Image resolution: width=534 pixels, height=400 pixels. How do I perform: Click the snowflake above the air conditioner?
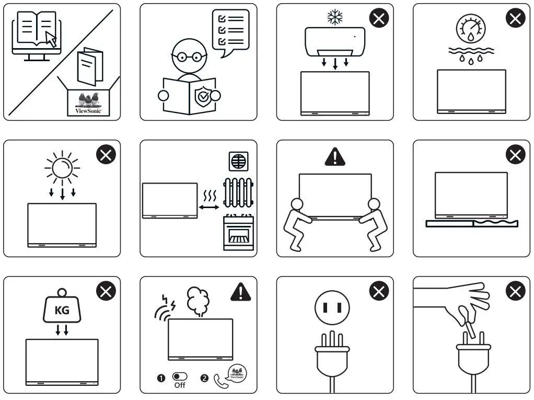[334, 17]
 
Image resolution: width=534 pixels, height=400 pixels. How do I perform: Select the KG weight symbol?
[62, 310]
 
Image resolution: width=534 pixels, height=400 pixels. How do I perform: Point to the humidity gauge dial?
[470, 28]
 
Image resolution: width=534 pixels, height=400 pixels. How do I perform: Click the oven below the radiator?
[238, 233]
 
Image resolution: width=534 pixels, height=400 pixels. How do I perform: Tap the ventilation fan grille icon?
[238, 161]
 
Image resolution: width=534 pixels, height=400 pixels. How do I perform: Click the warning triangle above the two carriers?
[335, 156]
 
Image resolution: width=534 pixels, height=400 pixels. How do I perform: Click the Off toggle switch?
[180, 376]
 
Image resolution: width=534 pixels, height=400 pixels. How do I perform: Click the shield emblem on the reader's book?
[202, 96]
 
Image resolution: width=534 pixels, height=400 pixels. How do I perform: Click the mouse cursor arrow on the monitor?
[50, 38]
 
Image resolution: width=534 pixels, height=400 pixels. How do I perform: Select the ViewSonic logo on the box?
[88, 103]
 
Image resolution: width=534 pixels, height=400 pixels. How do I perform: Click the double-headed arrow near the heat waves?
[210, 208]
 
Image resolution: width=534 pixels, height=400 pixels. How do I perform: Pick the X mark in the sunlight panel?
[106, 155]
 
